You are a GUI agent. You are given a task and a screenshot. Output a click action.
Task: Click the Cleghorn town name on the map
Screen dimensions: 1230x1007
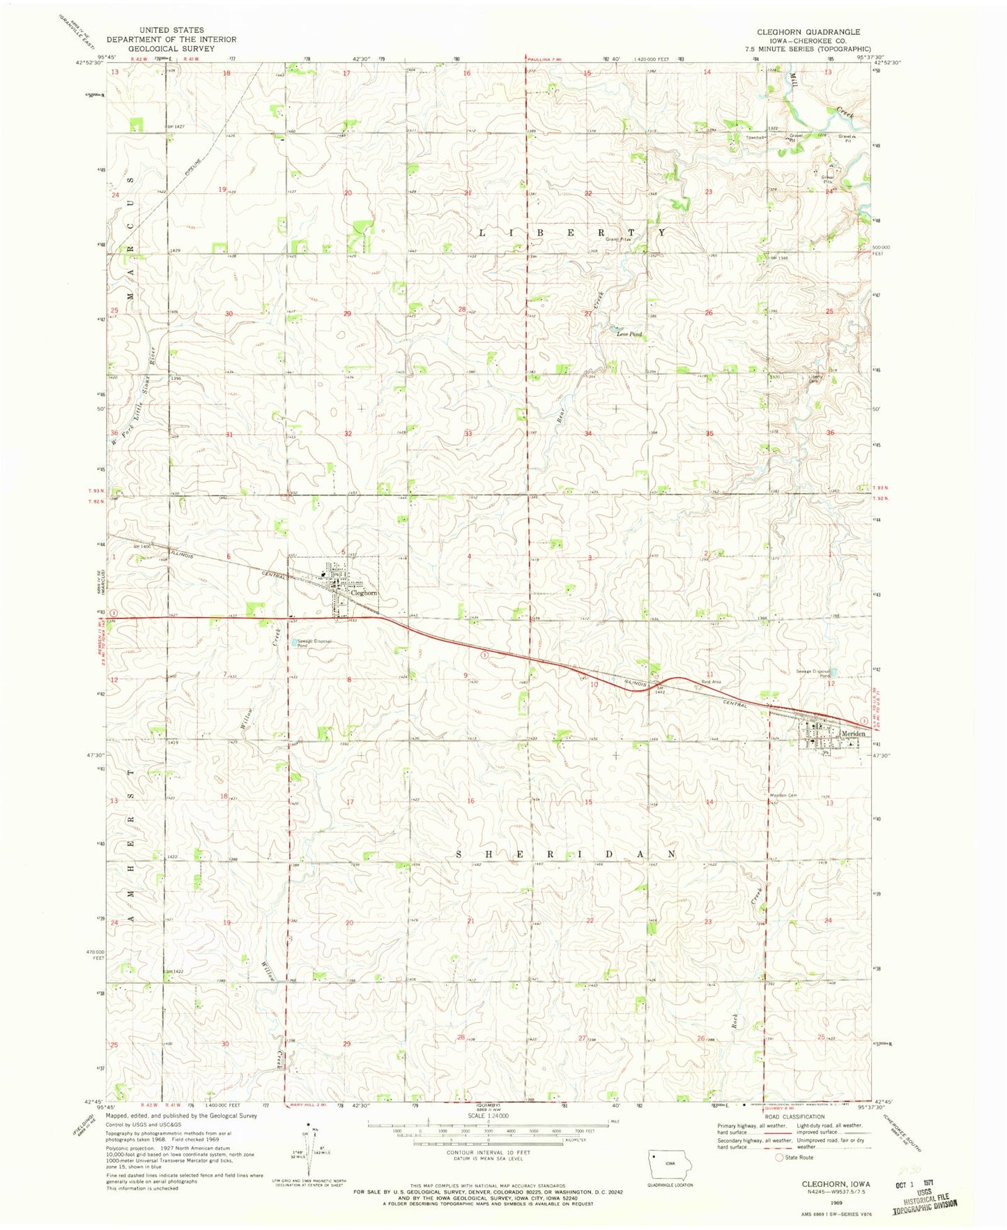tap(364, 593)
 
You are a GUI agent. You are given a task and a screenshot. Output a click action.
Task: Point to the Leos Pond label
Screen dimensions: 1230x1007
tap(629, 334)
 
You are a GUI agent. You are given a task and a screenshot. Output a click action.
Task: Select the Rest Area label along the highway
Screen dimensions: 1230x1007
tap(711, 681)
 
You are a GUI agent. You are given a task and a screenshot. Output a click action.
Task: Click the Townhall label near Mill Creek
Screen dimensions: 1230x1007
tap(755, 137)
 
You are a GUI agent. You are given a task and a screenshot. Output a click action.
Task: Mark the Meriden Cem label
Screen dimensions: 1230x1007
tap(783, 796)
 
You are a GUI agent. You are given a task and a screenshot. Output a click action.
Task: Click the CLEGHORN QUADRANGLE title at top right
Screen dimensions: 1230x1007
tap(808, 32)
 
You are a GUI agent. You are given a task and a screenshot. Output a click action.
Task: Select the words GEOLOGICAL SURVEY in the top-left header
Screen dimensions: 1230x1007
tap(171, 48)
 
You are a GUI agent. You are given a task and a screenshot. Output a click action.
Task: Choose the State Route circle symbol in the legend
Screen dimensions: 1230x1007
tap(779, 1157)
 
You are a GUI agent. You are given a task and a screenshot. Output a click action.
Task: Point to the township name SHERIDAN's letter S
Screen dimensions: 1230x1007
tap(459, 854)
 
